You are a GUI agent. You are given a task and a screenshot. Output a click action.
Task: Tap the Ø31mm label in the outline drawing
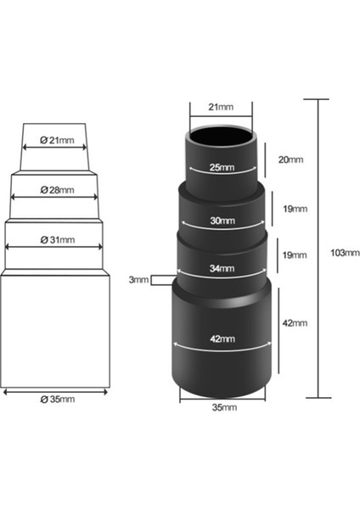56,241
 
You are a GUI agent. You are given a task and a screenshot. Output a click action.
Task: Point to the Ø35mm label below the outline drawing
56,399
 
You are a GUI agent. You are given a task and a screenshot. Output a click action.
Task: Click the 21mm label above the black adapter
220,107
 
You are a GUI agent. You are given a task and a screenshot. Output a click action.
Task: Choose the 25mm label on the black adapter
221,168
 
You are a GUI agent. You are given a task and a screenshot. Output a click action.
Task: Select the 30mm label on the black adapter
222,221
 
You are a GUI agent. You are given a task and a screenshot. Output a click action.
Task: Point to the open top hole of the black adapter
220,136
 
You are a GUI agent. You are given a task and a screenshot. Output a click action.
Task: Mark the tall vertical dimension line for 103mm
318,255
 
